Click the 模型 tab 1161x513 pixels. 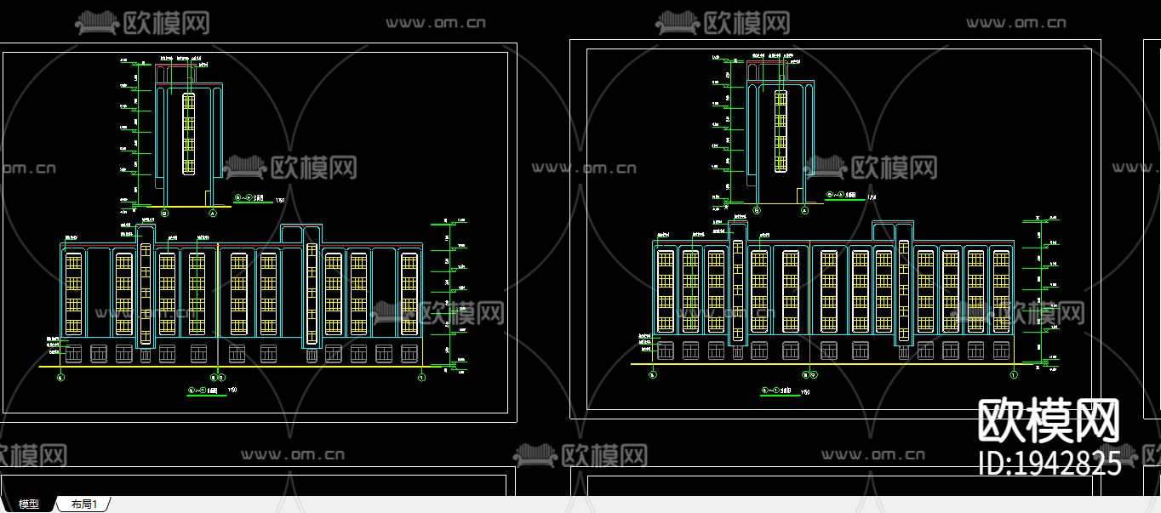pyautogui.click(x=29, y=504)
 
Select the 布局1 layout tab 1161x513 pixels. pyautogui.click(x=84, y=504)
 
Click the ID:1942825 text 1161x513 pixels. pyautogui.click(x=1049, y=464)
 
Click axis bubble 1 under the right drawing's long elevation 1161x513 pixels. pyautogui.click(x=1014, y=374)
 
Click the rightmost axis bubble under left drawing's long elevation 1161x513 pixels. pyautogui.click(x=421, y=377)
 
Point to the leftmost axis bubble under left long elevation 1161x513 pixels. pyautogui.click(x=60, y=377)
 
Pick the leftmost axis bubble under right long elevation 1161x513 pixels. pyautogui.click(x=652, y=374)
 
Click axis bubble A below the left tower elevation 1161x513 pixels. pyautogui.click(x=210, y=214)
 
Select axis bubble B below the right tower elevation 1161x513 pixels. pyautogui.click(x=757, y=209)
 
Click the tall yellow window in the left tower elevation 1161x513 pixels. pyautogui.click(x=188, y=133)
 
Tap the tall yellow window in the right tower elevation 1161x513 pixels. pyautogui.click(x=780, y=131)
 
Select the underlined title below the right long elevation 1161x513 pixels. pyautogui.click(x=777, y=391)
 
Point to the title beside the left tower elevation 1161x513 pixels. pyautogui.click(x=250, y=200)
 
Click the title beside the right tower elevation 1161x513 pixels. pyautogui.click(x=842, y=196)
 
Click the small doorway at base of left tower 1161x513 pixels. pyautogui.click(x=209, y=198)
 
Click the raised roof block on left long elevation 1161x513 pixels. pyautogui.click(x=302, y=234)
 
